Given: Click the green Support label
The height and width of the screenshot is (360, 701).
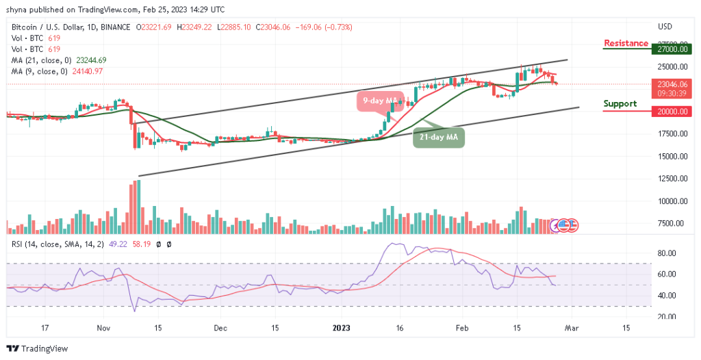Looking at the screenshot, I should click(x=620, y=104).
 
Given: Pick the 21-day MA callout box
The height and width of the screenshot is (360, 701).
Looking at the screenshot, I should click(x=439, y=138).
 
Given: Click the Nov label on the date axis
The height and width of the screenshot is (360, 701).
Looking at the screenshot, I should click(x=103, y=328).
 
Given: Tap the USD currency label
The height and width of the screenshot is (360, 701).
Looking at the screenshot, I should click(x=665, y=27).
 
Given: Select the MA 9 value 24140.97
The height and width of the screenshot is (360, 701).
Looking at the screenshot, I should click(x=84, y=71).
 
